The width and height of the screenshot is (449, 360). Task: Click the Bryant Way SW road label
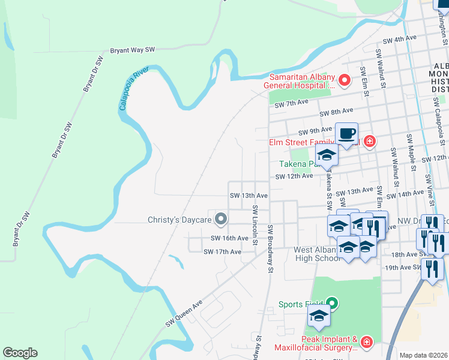[133, 50]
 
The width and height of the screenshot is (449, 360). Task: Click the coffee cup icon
[346, 133]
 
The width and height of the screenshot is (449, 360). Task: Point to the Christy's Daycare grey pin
[221, 220]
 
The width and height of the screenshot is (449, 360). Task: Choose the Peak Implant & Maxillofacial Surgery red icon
[367, 343]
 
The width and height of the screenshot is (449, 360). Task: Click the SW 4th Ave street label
[400, 38]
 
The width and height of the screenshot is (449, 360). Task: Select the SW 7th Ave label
[291, 104]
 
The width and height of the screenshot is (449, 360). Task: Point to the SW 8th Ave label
[336, 112]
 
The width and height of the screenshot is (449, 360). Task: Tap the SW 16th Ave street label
[229, 238]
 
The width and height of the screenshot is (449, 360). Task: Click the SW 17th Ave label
[222, 251]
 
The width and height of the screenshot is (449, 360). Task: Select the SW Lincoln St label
[256, 226]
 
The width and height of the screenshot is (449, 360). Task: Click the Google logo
[20, 352]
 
